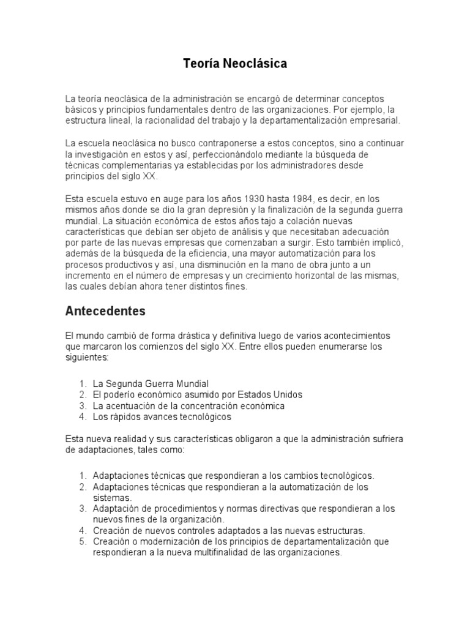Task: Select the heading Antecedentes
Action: [x=105, y=311]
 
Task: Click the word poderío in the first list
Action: [x=122, y=394]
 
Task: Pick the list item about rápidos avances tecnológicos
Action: [x=162, y=416]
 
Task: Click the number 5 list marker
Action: [x=83, y=541]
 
